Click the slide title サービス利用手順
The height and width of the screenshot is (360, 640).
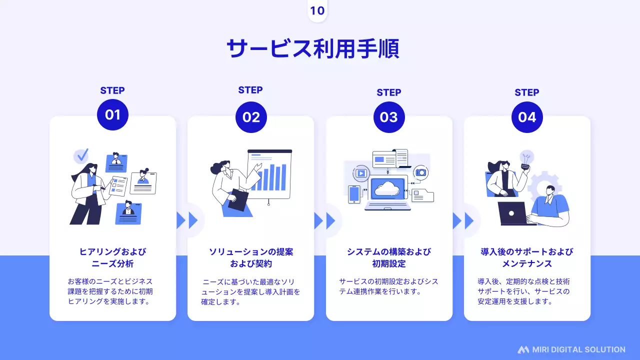click(312, 48)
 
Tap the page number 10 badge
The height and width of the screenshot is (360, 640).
click(317, 11)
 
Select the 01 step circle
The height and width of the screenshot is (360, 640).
click(112, 115)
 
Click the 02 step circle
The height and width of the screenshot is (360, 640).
click(251, 117)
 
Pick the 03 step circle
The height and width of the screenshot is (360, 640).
click(389, 117)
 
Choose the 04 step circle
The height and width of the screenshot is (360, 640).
click(527, 117)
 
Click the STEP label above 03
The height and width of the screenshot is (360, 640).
click(389, 92)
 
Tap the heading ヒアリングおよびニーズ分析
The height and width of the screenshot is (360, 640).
click(112, 257)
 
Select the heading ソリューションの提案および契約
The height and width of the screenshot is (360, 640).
click(251, 257)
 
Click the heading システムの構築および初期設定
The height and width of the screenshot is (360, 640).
click(389, 257)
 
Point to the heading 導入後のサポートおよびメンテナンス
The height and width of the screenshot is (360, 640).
click(527, 257)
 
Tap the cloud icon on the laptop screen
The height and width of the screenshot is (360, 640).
click(386, 188)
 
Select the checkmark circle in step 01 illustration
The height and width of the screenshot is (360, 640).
click(81, 155)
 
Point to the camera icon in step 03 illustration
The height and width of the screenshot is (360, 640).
click(421, 172)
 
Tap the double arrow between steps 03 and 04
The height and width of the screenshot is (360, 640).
click(464, 220)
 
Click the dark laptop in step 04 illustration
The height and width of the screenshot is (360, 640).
click(512, 213)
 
